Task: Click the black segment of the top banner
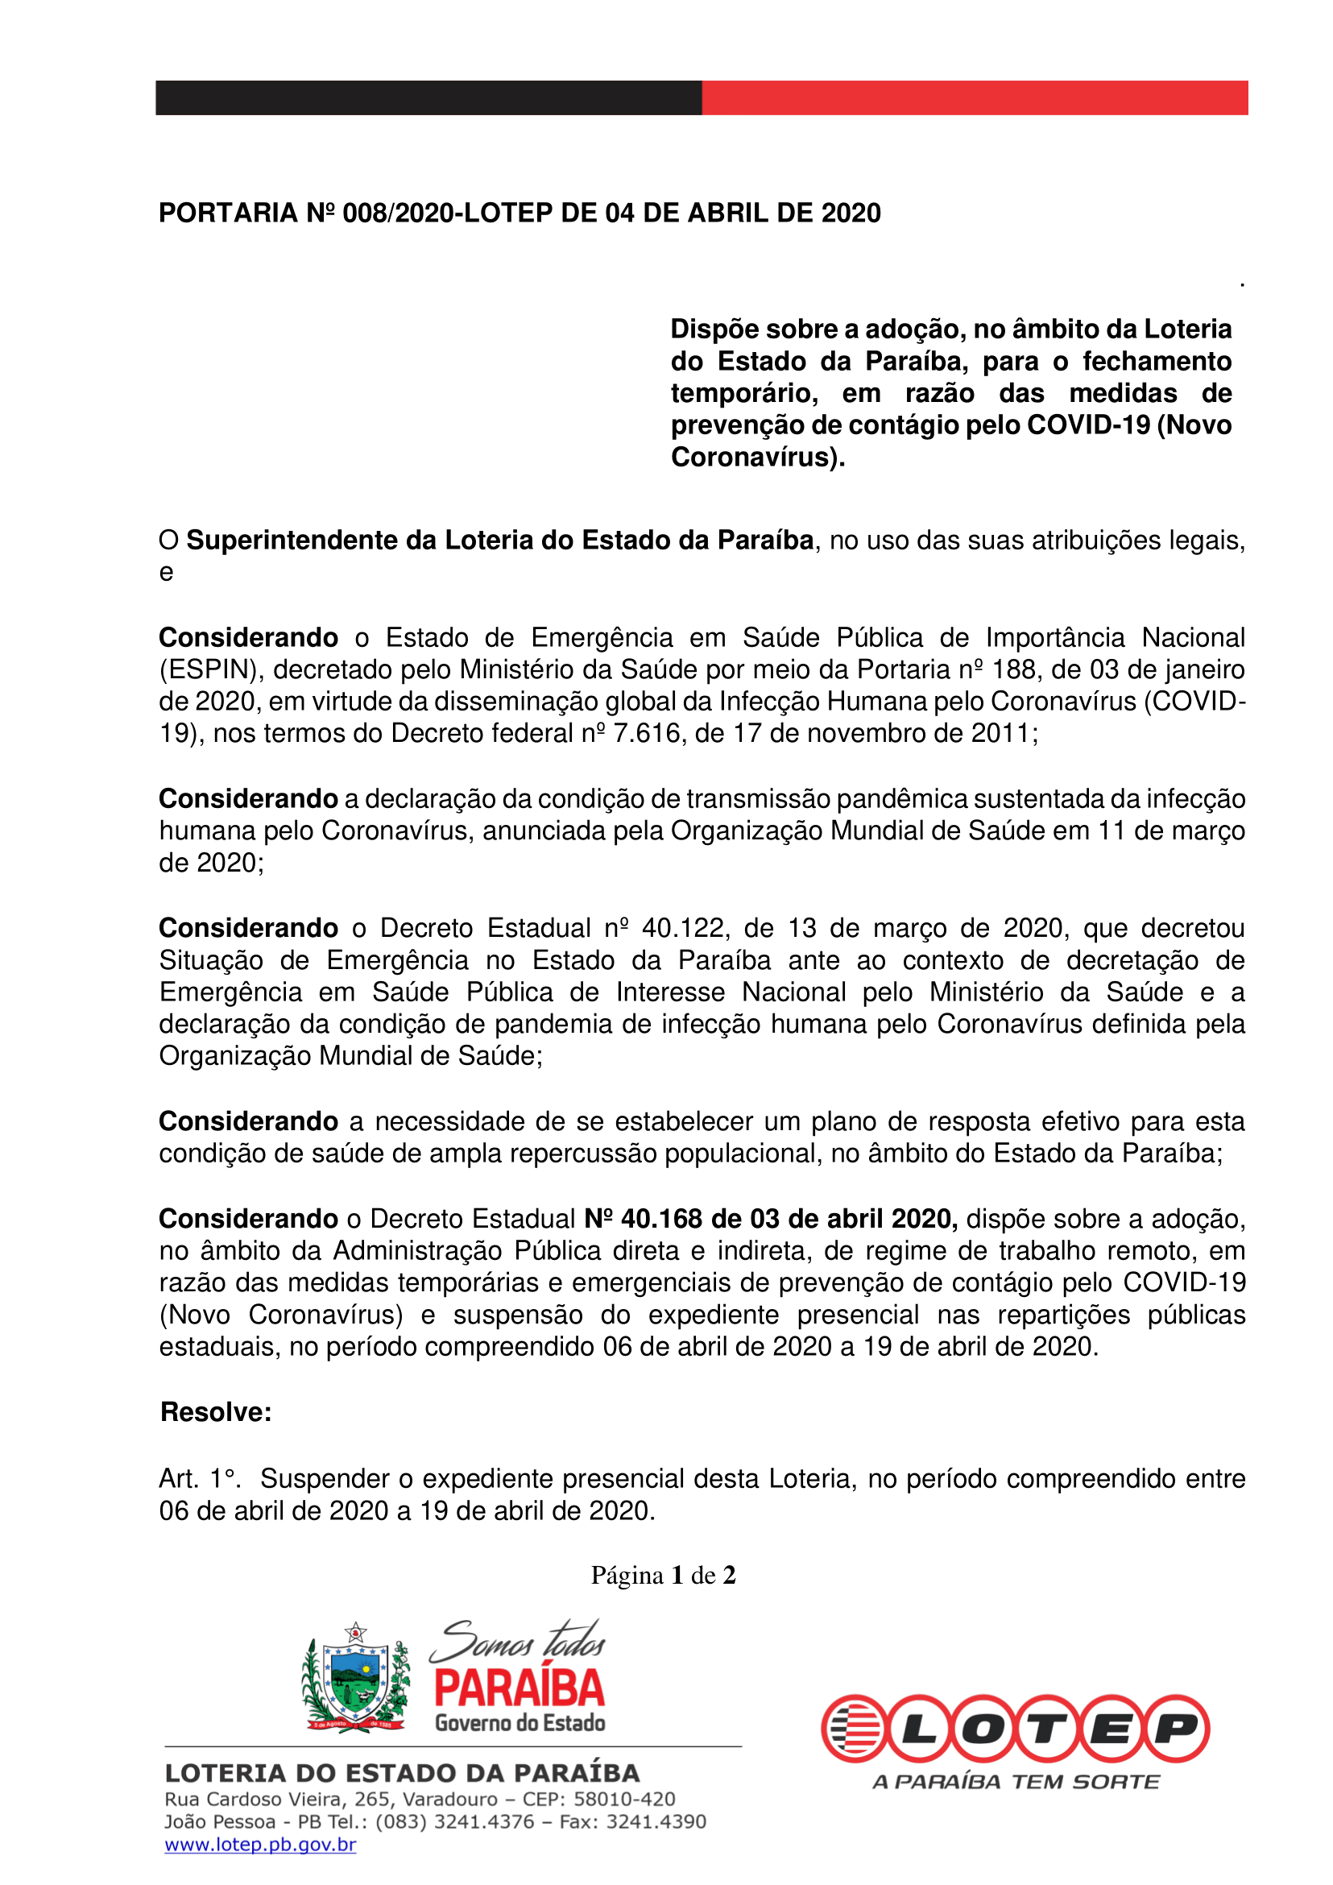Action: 428,97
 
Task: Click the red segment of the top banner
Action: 975,97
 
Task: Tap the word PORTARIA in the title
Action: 227,213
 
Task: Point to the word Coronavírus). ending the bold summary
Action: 758,458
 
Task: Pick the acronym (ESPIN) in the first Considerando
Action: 211,670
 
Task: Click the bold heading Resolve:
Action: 216,1412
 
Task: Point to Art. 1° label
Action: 200,1479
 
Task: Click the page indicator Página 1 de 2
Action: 663,1575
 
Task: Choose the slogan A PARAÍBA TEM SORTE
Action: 1016,1782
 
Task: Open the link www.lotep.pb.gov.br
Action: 260,1845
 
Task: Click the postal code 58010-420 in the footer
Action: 624,1799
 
